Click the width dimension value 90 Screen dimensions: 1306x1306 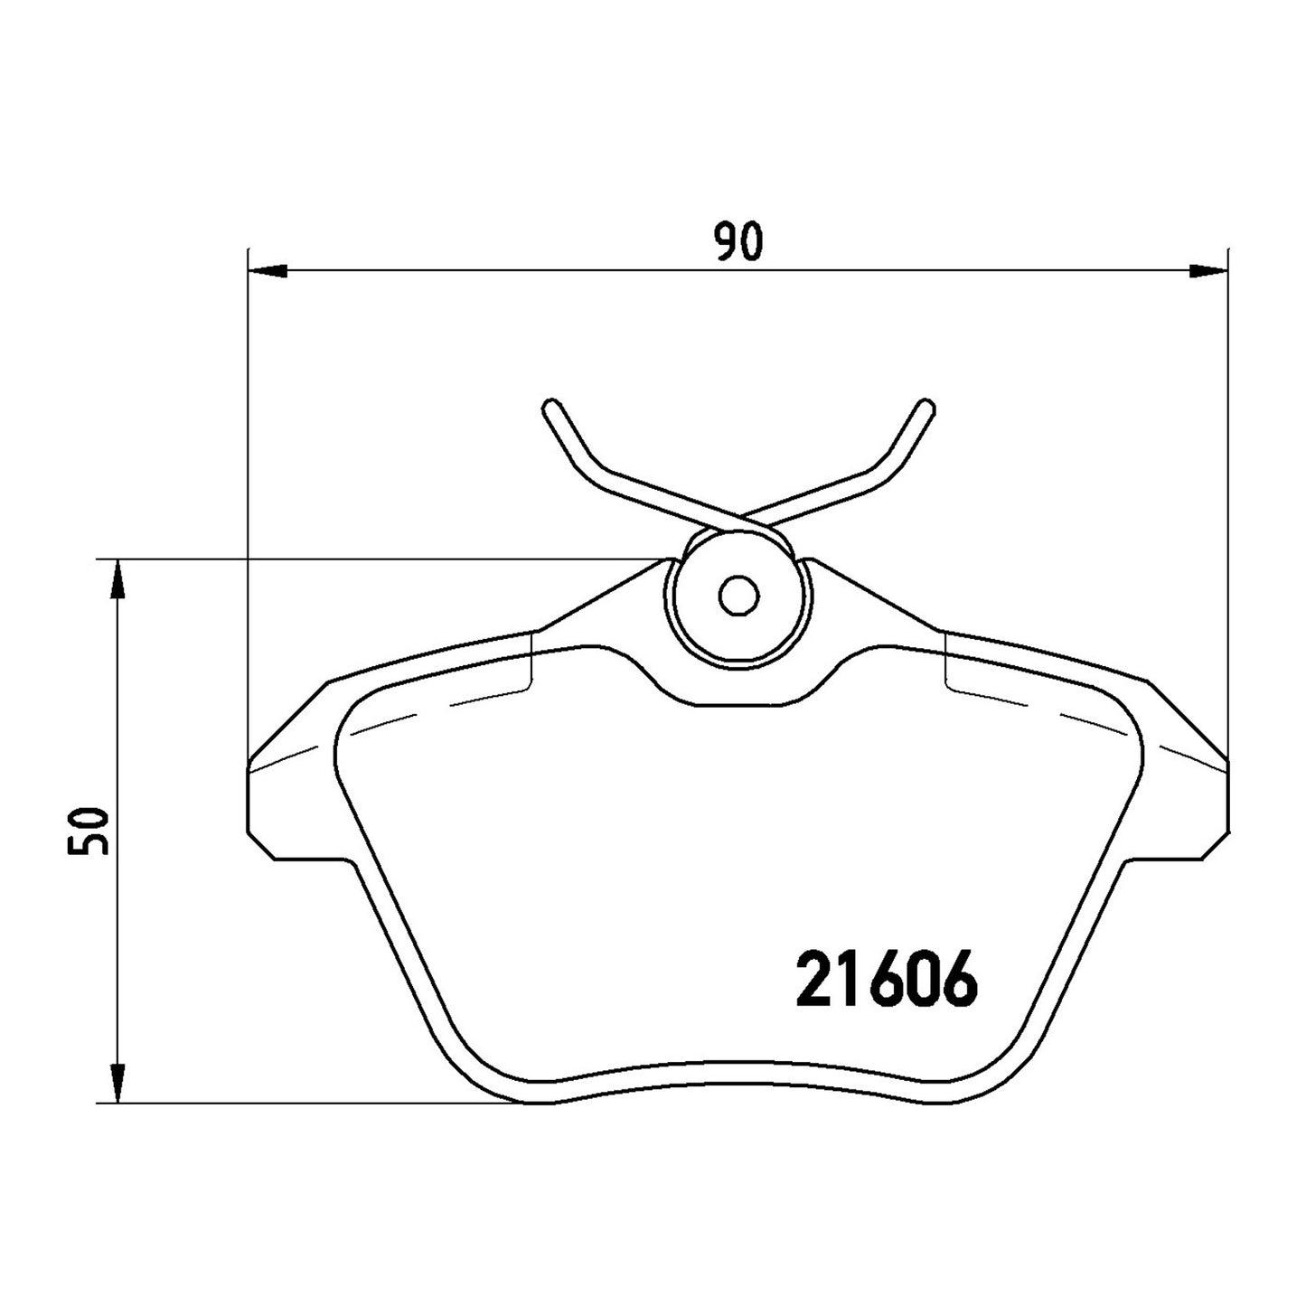738,240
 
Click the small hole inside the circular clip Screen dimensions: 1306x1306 738,597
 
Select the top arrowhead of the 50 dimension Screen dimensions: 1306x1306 117,579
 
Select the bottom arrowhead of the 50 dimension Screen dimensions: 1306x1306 117,1082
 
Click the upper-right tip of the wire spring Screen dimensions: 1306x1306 927,405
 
